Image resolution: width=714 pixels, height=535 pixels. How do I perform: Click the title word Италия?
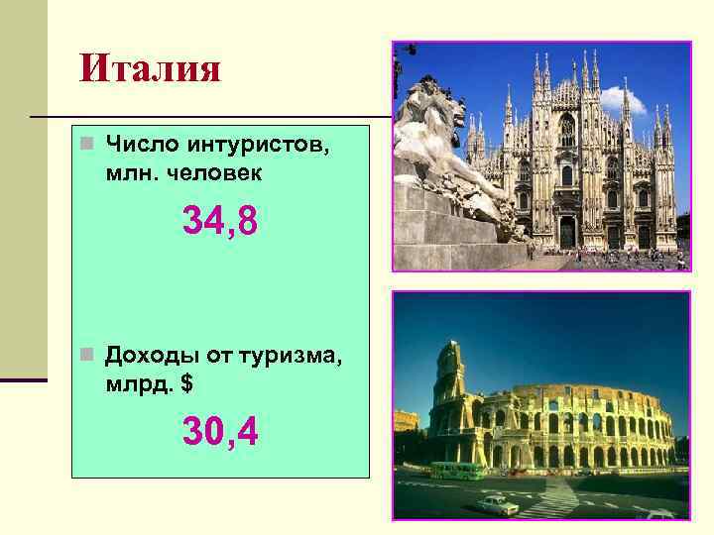(152, 68)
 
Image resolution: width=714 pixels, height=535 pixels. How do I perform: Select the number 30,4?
(219, 430)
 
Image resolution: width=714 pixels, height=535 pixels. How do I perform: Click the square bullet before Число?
(87, 146)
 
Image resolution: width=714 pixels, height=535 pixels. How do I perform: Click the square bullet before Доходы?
(87, 355)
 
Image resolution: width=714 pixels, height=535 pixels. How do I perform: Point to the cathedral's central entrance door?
(567, 232)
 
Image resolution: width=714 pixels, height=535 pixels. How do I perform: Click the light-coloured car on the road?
(496, 505)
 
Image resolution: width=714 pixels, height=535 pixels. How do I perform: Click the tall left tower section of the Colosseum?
(448, 396)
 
